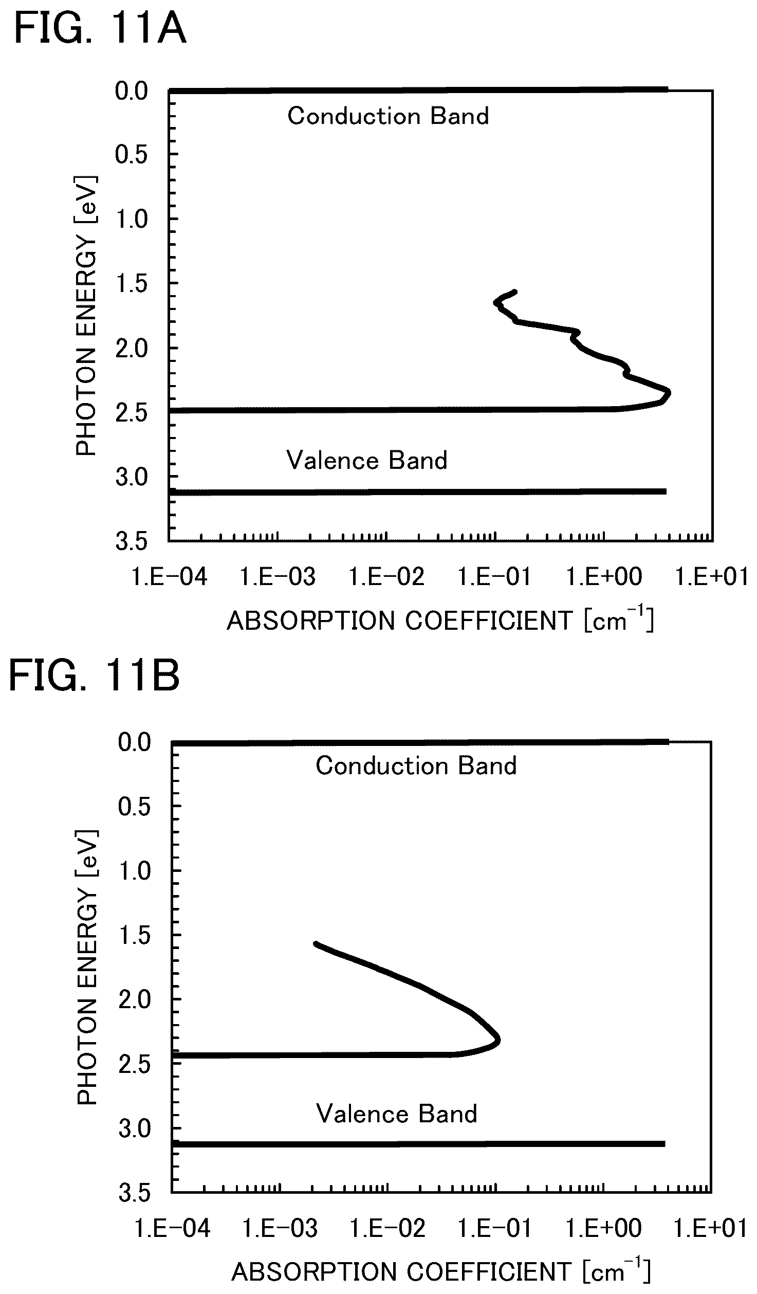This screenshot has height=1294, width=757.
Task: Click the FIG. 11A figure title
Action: (x=100, y=29)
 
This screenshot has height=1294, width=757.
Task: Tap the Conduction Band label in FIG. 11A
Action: (x=388, y=116)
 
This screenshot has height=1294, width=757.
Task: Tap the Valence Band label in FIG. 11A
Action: (x=367, y=460)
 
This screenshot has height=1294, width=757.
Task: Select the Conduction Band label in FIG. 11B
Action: (x=416, y=766)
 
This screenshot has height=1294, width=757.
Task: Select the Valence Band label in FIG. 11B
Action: (x=397, y=1114)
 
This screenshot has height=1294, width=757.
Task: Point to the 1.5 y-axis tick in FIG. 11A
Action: (x=132, y=284)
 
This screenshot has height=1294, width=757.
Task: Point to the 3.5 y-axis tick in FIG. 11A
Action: (x=132, y=542)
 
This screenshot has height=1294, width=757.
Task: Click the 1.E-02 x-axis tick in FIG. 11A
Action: (x=386, y=577)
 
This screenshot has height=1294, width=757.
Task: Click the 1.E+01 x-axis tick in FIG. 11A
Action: (x=712, y=577)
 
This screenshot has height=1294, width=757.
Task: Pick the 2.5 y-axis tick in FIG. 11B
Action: (x=135, y=1064)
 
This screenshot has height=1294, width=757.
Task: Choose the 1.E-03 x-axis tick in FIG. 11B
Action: (x=280, y=1228)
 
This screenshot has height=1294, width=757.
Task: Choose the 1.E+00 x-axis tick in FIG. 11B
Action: (x=604, y=1228)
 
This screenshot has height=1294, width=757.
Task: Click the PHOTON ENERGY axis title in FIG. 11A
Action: (x=86, y=316)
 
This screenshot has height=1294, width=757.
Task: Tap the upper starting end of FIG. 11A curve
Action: (x=515, y=291)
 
